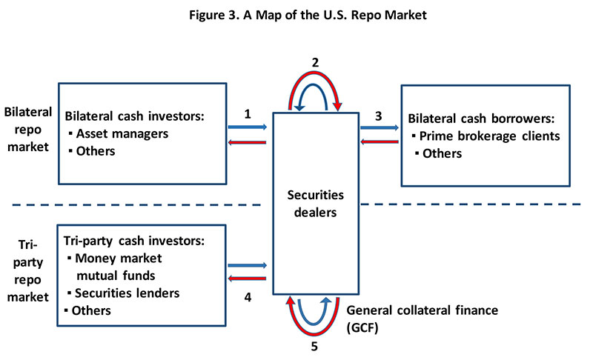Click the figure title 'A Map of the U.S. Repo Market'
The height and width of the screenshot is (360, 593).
pyautogui.click(x=296, y=15)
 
